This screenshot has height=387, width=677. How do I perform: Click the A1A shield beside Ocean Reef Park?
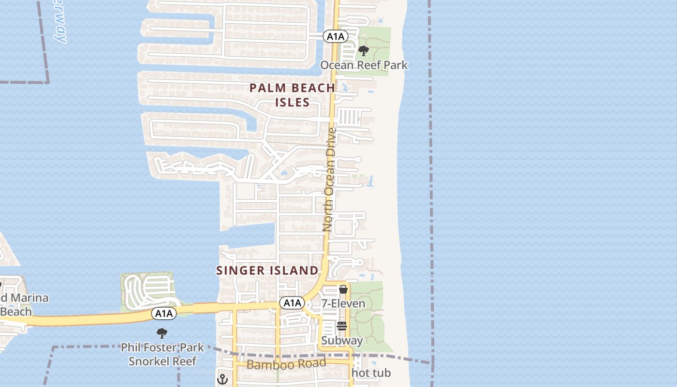click(336, 36)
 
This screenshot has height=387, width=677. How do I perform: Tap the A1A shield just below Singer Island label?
click(292, 303)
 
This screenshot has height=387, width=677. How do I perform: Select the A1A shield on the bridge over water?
click(164, 313)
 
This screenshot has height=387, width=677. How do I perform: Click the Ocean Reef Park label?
click(364, 65)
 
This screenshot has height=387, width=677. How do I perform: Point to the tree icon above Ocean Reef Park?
click(364, 50)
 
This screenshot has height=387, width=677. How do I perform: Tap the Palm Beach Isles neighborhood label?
click(292, 95)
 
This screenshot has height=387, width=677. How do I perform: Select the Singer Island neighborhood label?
click(267, 270)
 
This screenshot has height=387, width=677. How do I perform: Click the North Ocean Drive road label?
click(330, 179)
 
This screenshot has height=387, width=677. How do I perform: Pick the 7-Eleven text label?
click(343, 304)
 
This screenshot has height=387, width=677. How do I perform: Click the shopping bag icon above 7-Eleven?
click(343, 289)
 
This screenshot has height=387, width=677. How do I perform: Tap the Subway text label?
click(342, 341)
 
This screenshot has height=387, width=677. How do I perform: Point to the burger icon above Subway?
click(342, 326)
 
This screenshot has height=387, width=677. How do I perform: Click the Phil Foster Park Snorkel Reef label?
click(162, 354)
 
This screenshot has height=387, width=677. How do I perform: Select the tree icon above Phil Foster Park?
click(162, 333)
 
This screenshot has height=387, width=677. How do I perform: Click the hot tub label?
click(371, 373)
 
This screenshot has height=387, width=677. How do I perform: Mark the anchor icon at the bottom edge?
click(222, 379)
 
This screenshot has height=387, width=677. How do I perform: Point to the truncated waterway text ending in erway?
click(60, 22)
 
